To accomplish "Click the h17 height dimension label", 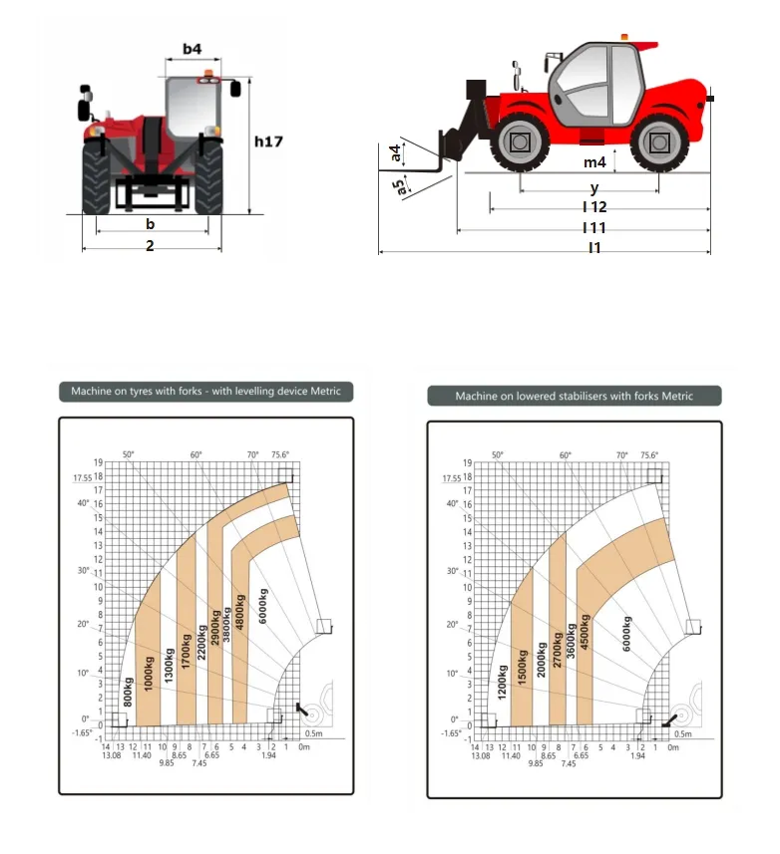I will [268, 142].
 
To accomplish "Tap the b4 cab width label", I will [193, 49].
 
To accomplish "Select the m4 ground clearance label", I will [594, 162].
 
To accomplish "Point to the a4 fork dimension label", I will [397, 152].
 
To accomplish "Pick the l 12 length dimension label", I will [595, 207].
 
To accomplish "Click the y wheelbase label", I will [594, 187].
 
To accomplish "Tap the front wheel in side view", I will [520, 144].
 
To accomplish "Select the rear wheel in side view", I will [658, 144].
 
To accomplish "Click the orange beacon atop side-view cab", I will [625, 37].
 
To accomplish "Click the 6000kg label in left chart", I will [263, 606].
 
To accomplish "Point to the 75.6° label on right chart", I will [649, 454].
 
